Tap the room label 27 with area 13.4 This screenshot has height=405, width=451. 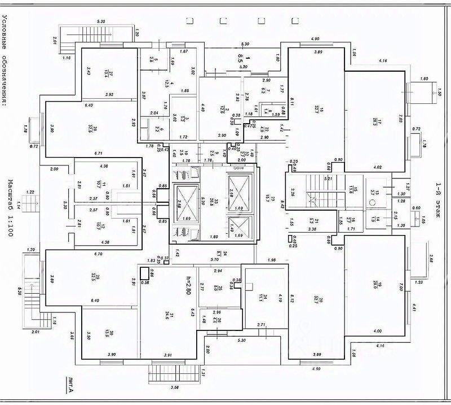112,73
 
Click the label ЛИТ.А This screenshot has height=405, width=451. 69,385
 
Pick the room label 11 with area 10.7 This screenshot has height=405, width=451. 98,183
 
